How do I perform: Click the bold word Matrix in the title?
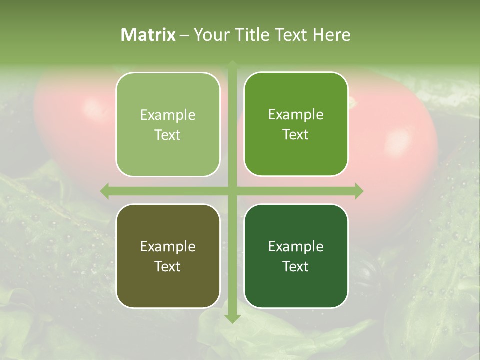click(148, 35)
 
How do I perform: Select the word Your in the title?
click(210, 35)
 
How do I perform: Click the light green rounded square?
click(168, 124)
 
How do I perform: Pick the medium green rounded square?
click(296, 124)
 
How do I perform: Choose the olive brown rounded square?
click(168, 256)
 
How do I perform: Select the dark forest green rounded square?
click(296, 256)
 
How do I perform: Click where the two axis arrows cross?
click(232, 191)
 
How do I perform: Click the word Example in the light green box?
click(168, 115)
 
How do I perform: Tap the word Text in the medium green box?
click(296, 134)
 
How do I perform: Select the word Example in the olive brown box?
click(168, 246)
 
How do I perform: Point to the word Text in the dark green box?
click(296, 266)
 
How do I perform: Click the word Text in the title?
click(291, 35)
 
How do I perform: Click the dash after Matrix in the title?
click(184, 35)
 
